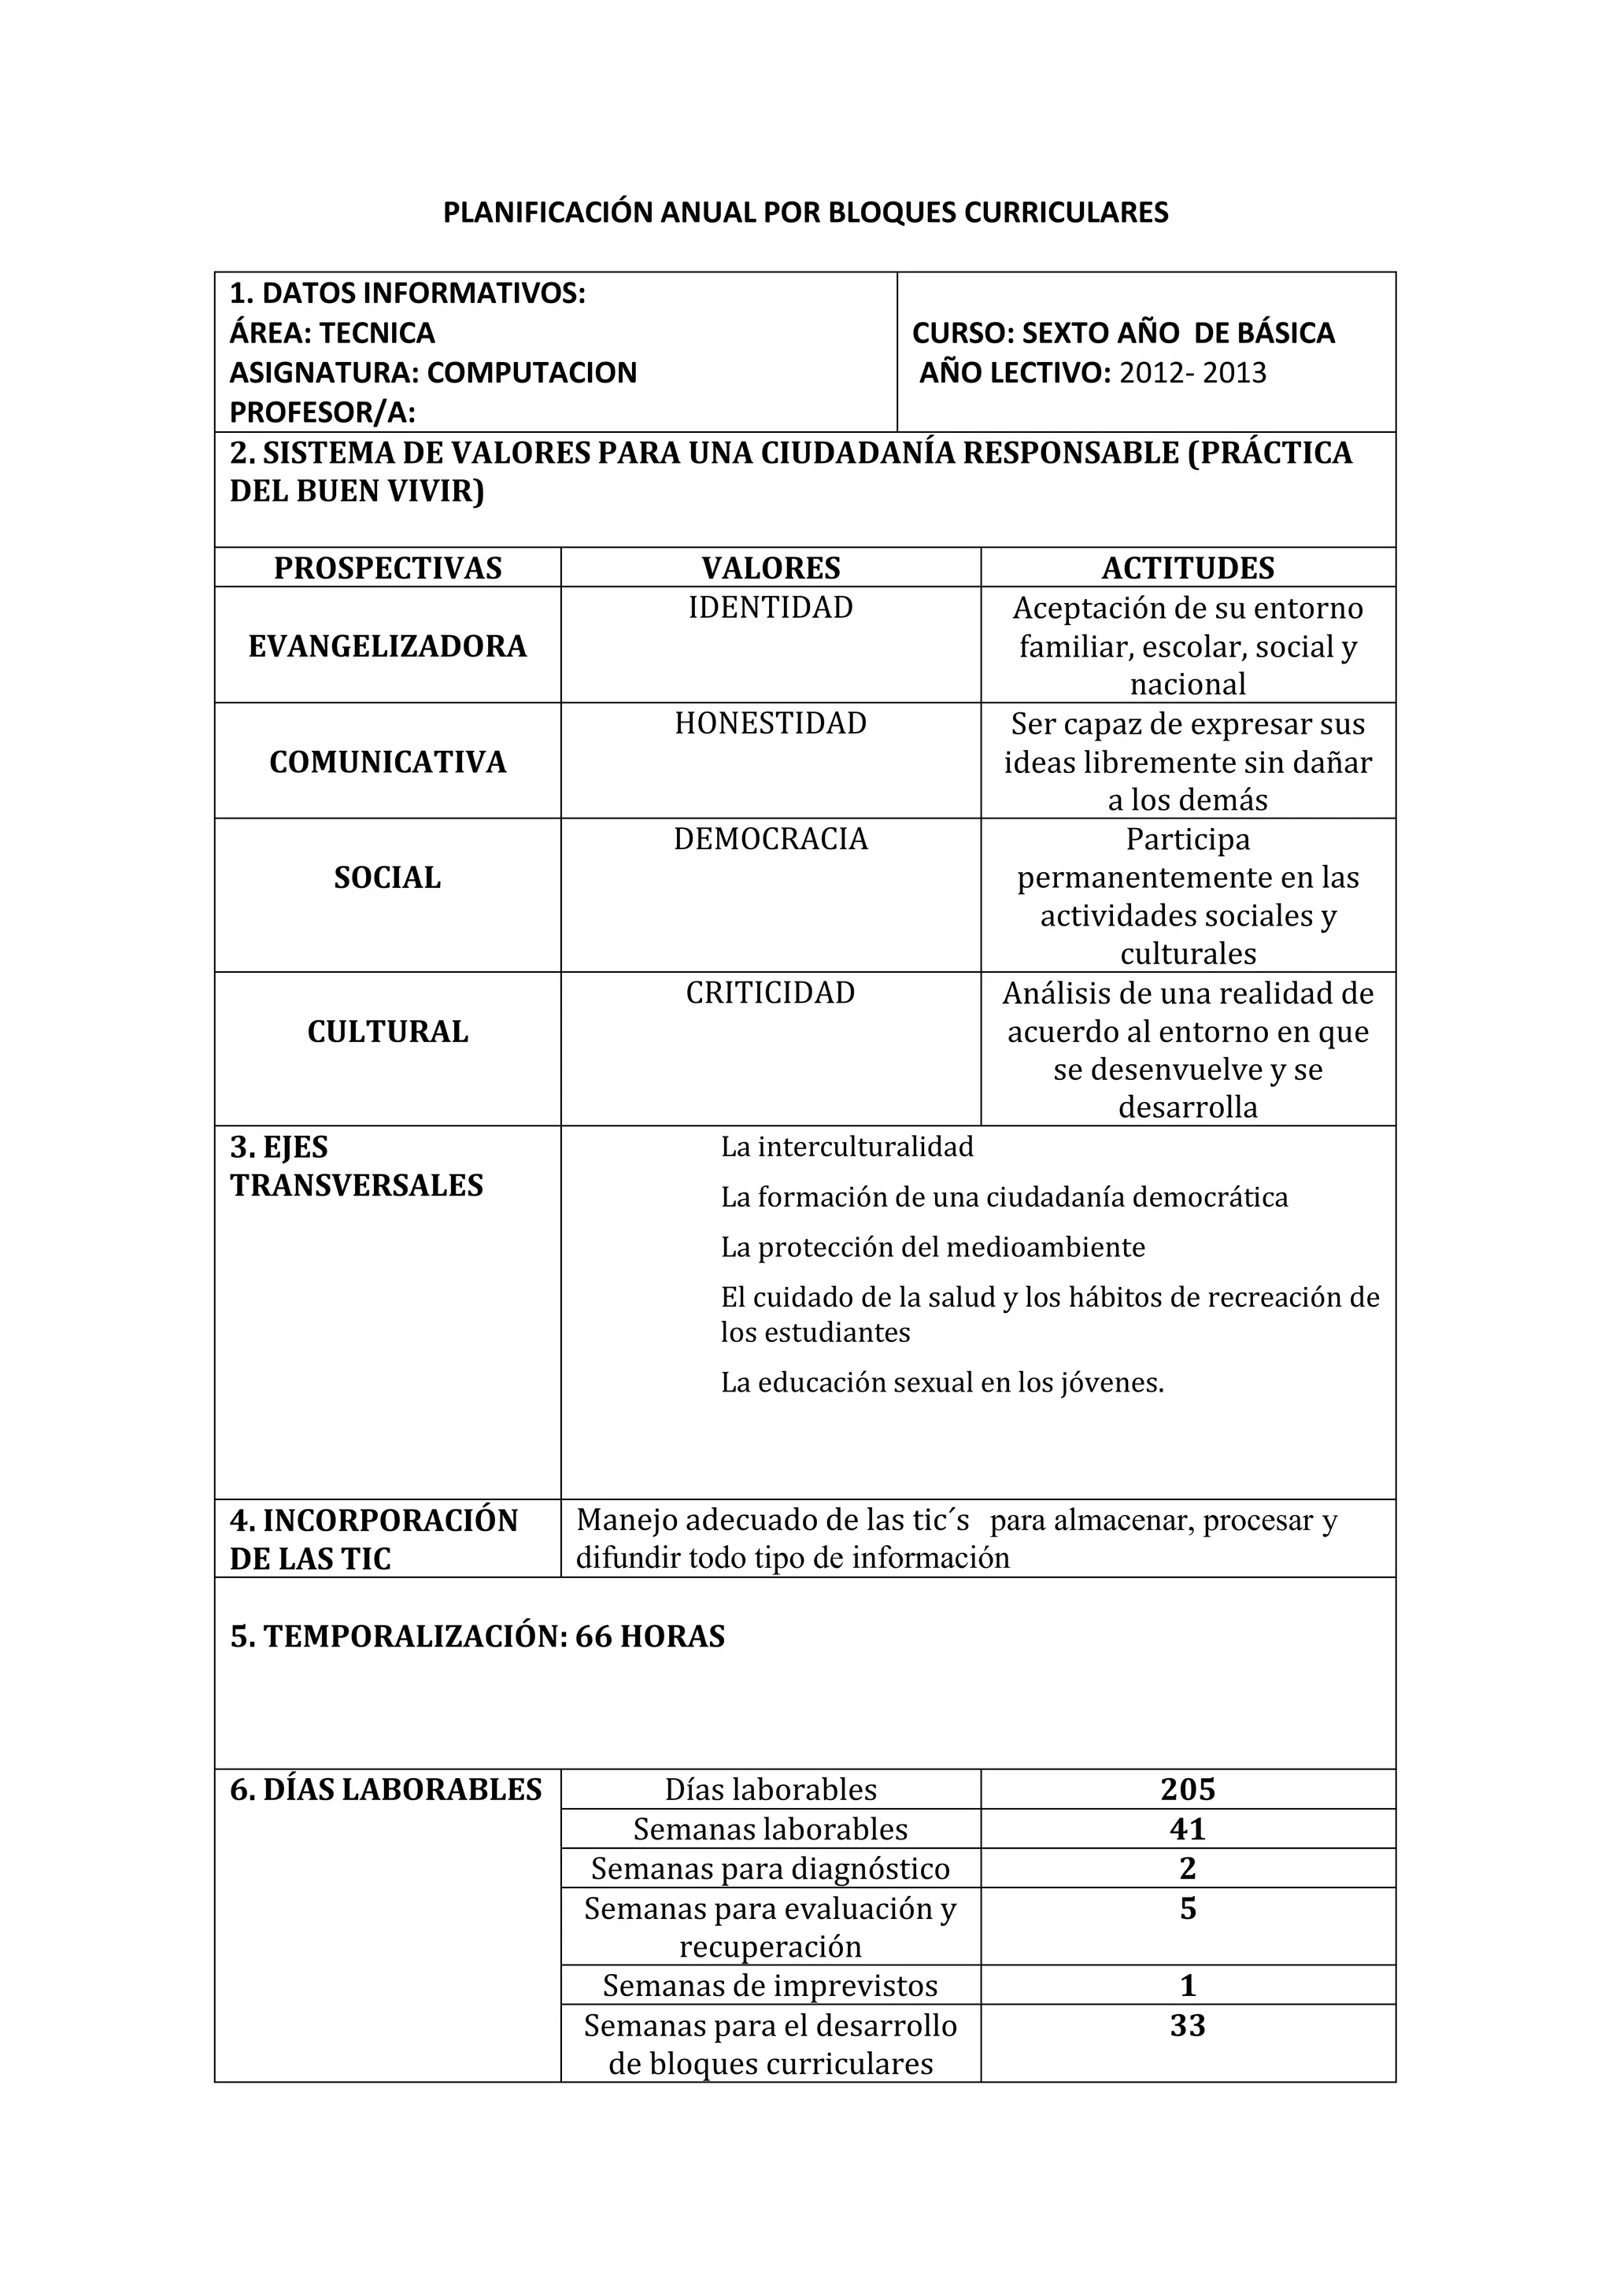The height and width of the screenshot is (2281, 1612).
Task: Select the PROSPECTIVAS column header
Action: click(x=387, y=568)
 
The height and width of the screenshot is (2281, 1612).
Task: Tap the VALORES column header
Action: click(x=771, y=568)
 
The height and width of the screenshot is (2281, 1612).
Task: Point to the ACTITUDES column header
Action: click(x=1188, y=568)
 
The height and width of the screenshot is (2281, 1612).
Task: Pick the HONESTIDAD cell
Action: click(x=771, y=723)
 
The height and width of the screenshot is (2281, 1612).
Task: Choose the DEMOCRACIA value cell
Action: click(x=771, y=840)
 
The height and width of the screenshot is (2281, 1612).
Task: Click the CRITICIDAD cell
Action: click(x=771, y=993)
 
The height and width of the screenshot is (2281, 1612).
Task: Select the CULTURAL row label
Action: click(x=387, y=1032)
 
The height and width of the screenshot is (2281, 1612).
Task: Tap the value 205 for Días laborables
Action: click(x=1188, y=1790)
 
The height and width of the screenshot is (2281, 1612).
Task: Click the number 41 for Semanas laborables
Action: click(x=1188, y=1829)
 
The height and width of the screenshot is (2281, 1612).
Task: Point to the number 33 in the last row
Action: click(x=1188, y=2026)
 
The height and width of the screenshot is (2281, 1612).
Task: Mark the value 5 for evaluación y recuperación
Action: click(x=1188, y=1909)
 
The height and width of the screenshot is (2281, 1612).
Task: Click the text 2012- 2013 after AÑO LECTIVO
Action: click(x=1192, y=374)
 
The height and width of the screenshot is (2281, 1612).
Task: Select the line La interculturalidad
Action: click(x=847, y=1148)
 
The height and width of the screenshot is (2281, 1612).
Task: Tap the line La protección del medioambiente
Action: click(x=933, y=1248)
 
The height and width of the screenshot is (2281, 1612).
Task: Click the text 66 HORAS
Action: click(x=649, y=1637)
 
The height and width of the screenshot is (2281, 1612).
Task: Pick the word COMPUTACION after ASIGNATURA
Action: click(x=531, y=374)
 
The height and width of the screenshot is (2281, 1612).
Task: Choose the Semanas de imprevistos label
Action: click(x=771, y=1986)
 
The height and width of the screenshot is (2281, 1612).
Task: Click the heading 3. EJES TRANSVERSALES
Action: click(x=357, y=1166)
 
